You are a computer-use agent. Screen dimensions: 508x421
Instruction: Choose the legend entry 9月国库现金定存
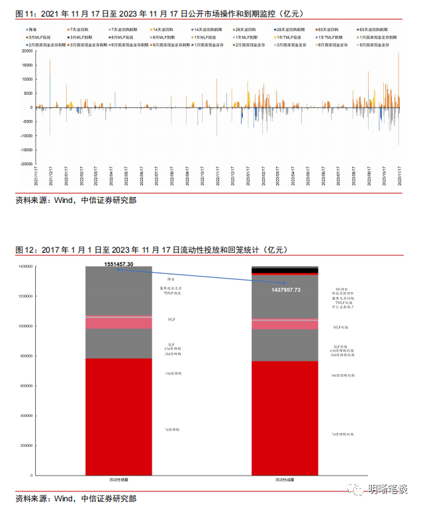(x=377, y=44)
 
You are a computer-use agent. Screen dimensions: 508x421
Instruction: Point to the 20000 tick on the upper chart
(x=26, y=50)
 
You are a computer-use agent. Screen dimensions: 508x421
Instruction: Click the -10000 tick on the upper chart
(x=26, y=135)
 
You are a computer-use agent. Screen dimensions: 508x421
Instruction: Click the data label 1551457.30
(x=118, y=264)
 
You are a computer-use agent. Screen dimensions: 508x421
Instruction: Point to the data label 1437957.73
(x=286, y=290)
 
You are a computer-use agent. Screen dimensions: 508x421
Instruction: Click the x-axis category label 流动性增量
(x=119, y=480)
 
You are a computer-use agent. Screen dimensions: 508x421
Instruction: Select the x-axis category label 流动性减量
(x=286, y=480)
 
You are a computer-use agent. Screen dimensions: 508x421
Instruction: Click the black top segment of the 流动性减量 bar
(x=286, y=269)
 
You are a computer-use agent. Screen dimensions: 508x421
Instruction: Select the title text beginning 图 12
(x=152, y=249)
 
